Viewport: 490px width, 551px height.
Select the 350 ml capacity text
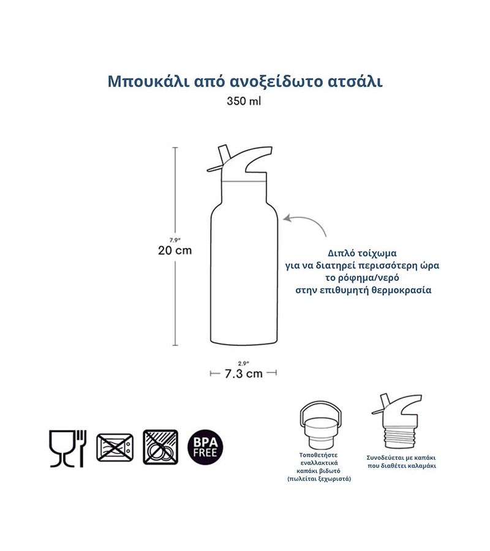pyautogui.click(x=244, y=101)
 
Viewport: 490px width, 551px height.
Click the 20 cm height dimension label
pyautogui.click(x=175, y=250)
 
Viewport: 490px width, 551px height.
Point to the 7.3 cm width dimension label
pyautogui.click(x=244, y=373)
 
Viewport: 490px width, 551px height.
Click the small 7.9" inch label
pyautogui.click(x=175, y=241)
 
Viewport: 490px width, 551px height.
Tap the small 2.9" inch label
pyautogui.click(x=243, y=364)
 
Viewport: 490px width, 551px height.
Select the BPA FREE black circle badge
pyautogui.click(x=205, y=448)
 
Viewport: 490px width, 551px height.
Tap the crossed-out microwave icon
pyautogui.click(x=115, y=448)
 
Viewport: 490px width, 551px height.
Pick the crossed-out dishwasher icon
pyautogui.click(x=160, y=447)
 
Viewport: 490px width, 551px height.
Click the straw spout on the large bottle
pyautogui.click(x=219, y=159)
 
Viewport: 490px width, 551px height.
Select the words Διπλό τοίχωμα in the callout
pyautogui.click(x=362, y=253)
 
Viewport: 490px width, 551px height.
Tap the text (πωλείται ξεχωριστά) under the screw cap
pyautogui.click(x=319, y=479)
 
